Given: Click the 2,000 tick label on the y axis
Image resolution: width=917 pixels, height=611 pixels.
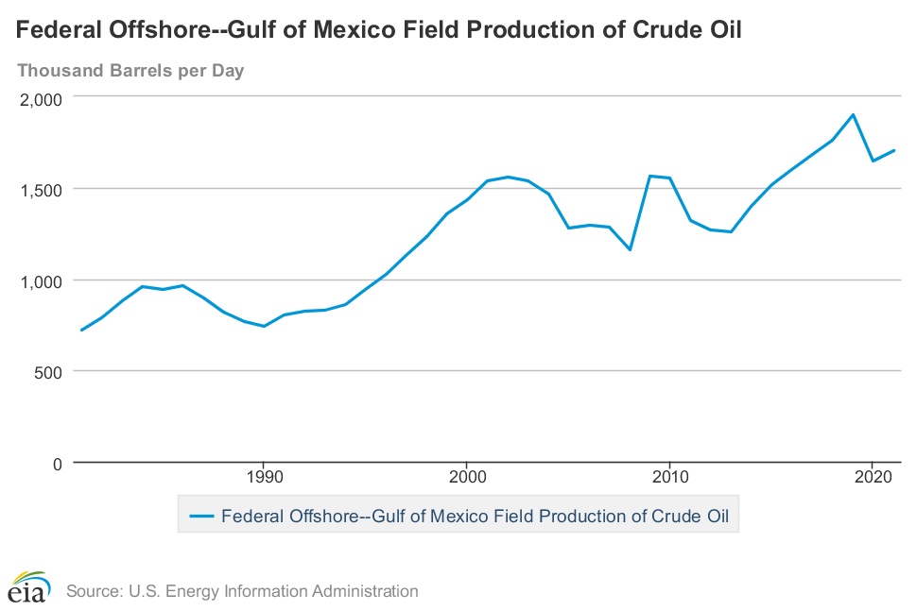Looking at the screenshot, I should click(40, 98).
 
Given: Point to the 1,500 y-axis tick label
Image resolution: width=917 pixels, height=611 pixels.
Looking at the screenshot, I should click(40, 189).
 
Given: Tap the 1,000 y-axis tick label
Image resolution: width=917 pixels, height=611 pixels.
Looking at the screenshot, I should click(40, 280).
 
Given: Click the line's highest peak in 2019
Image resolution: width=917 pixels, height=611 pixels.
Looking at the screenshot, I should click(853, 115).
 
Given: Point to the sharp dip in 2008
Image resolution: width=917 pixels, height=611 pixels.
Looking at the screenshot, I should click(630, 249).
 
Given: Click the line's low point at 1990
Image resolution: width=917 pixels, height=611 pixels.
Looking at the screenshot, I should click(264, 327).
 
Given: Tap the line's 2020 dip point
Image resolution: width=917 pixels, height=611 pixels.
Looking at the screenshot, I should click(873, 161).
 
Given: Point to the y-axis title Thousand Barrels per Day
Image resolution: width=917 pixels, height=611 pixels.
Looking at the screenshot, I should click(130, 71).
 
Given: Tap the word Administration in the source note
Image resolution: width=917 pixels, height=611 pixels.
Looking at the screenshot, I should click(364, 592).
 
